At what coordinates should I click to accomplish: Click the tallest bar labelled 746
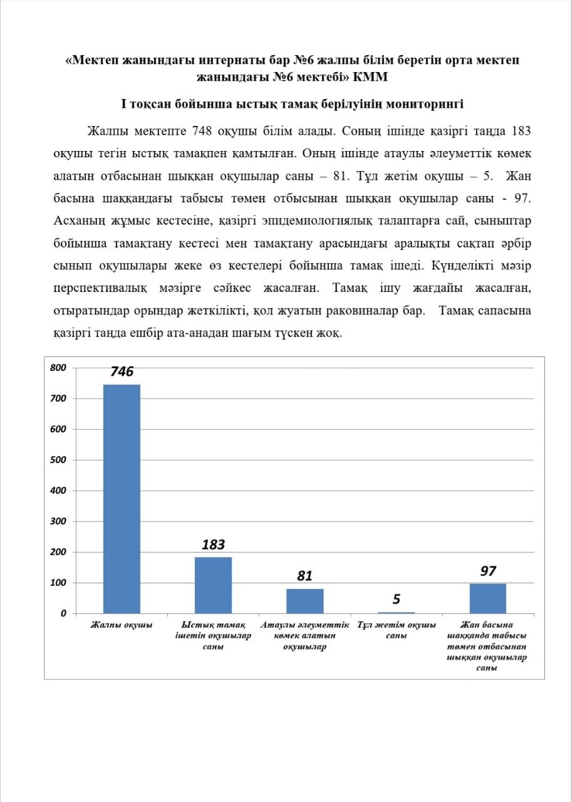[x=122, y=498]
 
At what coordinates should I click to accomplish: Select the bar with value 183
[x=213, y=585]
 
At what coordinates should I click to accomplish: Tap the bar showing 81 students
[x=304, y=600]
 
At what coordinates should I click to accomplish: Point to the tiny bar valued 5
[x=396, y=612]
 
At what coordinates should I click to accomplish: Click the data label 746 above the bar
[x=122, y=372]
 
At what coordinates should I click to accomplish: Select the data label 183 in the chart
[x=213, y=544]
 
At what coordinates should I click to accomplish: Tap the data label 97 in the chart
[x=488, y=571]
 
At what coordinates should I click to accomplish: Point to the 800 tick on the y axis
[x=58, y=368]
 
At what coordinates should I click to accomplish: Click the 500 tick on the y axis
[x=58, y=460]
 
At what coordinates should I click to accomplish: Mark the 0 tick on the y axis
[x=63, y=613]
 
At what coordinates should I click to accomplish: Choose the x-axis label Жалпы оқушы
[x=122, y=625]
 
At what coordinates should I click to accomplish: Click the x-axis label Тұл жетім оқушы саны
[x=396, y=630]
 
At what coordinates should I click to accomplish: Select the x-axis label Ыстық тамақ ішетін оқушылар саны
[x=213, y=636]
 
